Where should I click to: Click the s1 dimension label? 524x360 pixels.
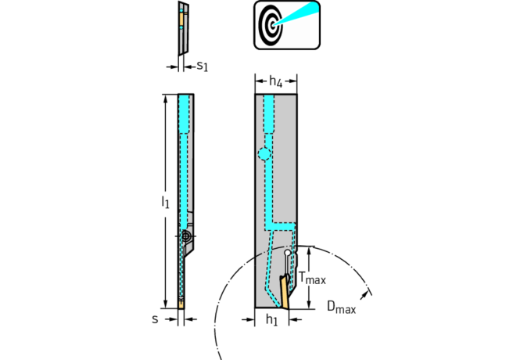click(x=201, y=67)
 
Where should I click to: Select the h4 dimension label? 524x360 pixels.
click(x=275, y=81)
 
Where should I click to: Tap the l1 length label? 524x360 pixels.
click(x=165, y=202)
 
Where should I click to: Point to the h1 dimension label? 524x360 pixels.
click(x=271, y=321)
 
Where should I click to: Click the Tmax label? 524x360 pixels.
click(x=313, y=279)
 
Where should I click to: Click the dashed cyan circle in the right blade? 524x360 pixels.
click(x=265, y=154)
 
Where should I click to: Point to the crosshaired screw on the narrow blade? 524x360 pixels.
click(x=186, y=235)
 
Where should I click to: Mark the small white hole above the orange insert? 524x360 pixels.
click(x=288, y=253)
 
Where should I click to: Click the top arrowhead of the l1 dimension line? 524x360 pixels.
click(x=165, y=99)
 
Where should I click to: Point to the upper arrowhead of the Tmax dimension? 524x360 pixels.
click(x=310, y=250)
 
